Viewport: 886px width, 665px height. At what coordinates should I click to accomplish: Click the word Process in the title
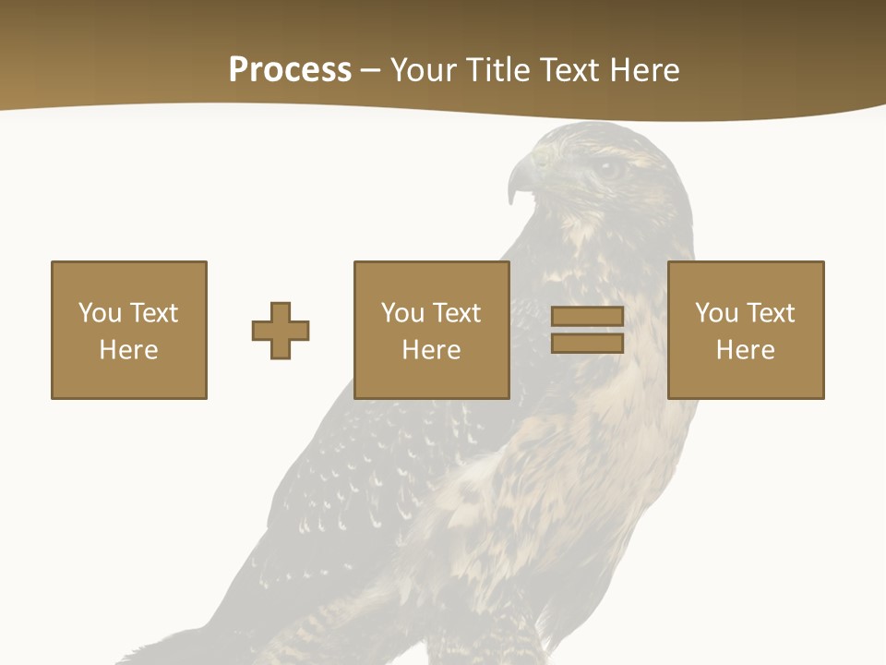[x=290, y=70]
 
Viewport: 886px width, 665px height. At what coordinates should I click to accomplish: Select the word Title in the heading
[x=498, y=70]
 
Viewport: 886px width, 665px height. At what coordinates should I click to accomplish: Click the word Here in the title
[x=646, y=70]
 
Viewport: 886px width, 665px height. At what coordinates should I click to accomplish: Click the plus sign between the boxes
[x=281, y=331]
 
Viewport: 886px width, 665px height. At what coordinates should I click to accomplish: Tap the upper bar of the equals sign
[x=587, y=317]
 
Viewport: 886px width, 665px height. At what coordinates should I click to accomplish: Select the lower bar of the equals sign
[x=587, y=344]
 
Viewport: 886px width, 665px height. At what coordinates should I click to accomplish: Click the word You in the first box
[x=101, y=313]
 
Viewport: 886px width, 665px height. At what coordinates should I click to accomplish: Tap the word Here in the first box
[x=128, y=350]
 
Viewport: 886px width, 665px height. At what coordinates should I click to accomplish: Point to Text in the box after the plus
[x=456, y=313]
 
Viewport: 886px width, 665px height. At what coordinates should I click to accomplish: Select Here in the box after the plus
[x=431, y=350]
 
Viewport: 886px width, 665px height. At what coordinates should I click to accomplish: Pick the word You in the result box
[x=717, y=313]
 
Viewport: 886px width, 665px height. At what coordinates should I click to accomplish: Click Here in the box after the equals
[x=745, y=350]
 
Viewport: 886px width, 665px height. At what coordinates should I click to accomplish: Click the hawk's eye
[x=607, y=168]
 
